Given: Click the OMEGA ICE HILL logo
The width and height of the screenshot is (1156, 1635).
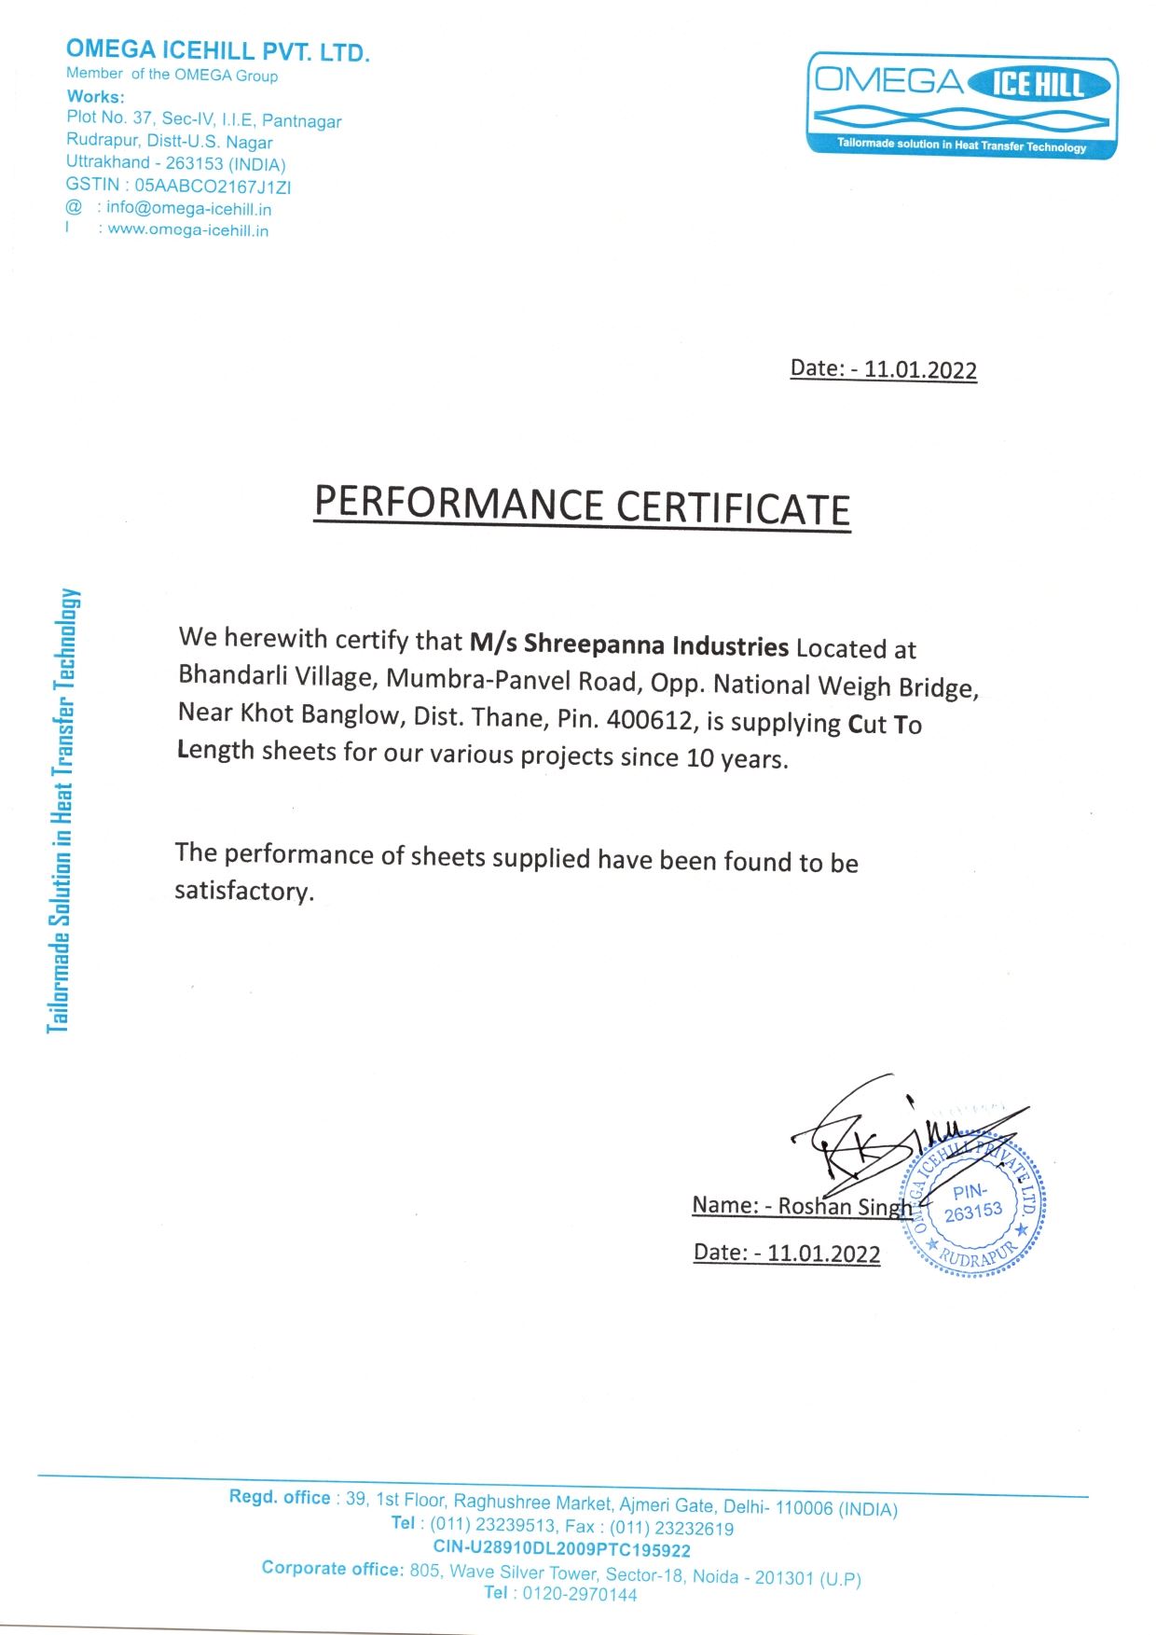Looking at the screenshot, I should click(961, 104).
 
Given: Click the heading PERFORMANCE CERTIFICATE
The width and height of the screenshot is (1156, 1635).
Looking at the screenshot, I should click(582, 506).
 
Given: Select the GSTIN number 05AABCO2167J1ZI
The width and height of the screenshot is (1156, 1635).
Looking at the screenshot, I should click(213, 187).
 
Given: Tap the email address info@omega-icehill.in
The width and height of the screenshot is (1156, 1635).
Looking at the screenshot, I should click(188, 209).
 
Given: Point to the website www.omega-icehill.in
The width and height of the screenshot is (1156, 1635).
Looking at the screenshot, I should click(188, 230).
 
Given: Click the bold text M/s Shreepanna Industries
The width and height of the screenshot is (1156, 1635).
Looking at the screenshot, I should click(629, 644).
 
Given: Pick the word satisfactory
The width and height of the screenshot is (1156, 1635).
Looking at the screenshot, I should click(243, 891).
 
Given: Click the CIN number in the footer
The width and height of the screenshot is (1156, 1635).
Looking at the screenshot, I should click(561, 1549).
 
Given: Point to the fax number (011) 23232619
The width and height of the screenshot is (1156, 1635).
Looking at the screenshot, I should click(671, 1528).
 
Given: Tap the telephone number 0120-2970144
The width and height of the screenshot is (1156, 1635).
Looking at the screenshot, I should click(579, 1594).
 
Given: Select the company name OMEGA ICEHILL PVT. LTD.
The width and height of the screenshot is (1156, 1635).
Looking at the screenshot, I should click(218, 50).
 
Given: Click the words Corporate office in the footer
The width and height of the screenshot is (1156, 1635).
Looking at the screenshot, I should click(332, 1569).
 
